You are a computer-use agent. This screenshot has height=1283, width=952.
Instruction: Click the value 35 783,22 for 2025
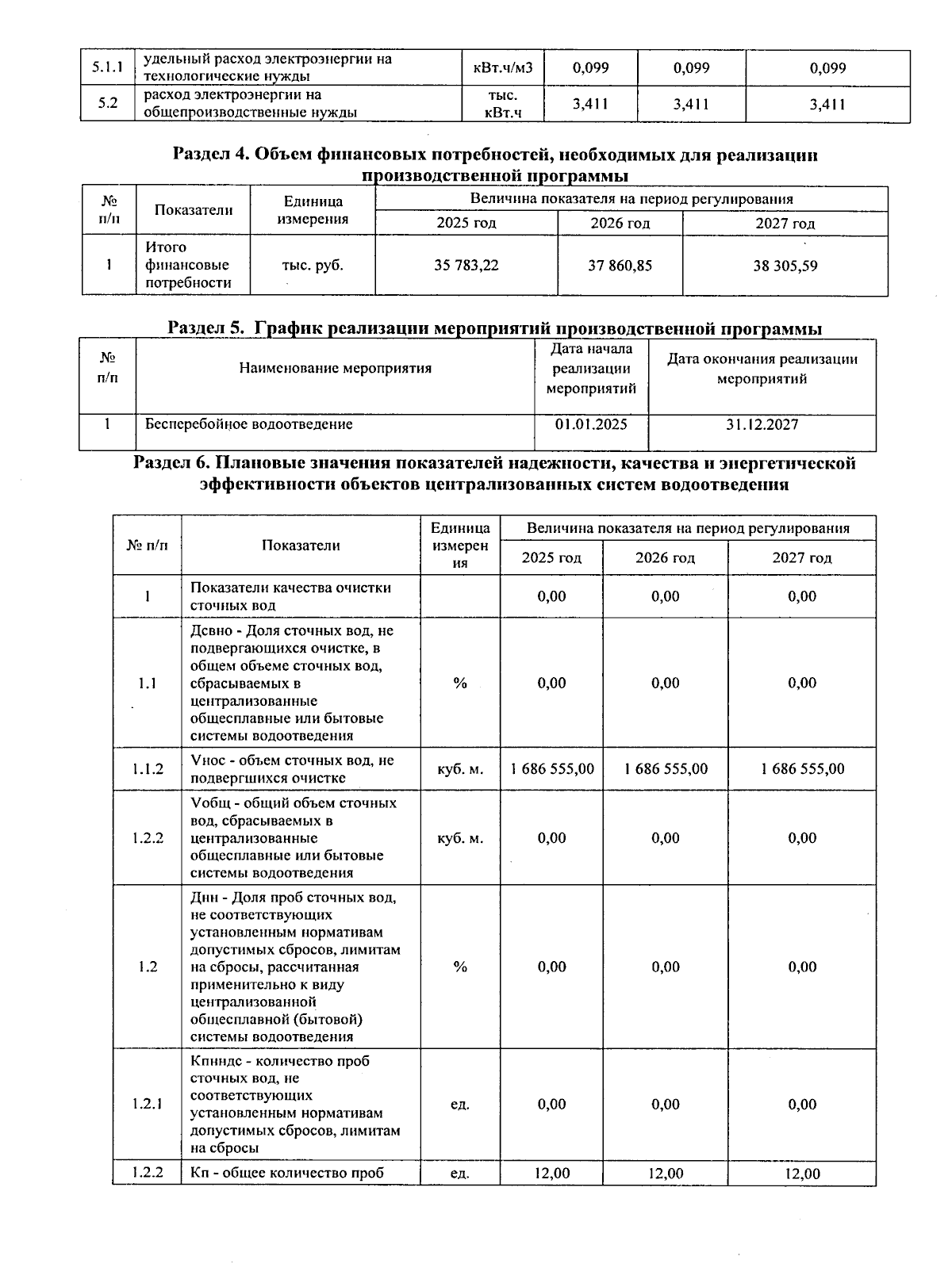click(466, 266)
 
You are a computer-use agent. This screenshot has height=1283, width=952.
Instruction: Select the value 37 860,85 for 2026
click(620, 266)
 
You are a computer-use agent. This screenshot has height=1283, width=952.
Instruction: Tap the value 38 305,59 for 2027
click(785, 266)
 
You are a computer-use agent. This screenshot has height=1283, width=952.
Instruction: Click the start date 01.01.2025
click(591, 425)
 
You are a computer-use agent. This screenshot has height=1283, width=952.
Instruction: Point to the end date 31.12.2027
click(762, 425)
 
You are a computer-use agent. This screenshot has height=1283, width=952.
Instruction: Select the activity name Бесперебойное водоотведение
click(248, 425)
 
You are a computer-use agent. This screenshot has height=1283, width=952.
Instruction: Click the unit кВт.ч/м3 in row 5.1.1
click(504, 68)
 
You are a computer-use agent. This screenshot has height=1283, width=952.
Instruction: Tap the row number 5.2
click(108, 104)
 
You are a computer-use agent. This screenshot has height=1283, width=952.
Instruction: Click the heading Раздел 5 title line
click(494, 328)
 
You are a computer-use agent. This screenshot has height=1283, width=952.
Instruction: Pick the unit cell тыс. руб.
click(313, 266)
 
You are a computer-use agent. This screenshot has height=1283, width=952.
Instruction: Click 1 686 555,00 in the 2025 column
click(551, 769)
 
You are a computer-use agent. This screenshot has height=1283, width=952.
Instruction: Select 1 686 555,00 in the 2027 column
click(802, 769)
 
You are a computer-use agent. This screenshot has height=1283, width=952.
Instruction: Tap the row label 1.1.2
click(148, 769)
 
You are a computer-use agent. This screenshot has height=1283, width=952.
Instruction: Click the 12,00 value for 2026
click(665, 1174)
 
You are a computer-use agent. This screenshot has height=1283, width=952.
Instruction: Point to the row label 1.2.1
click(148, 1105)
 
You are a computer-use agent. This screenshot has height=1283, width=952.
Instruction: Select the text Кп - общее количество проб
click(287, 1174)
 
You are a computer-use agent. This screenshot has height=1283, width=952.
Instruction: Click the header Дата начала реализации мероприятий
click(591, 369)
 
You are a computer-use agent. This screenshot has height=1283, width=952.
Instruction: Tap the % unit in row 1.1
click(460, 684)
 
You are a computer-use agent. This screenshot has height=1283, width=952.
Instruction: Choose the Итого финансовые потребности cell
click(187, 266)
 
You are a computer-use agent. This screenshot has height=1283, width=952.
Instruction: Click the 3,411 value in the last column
click(827, 104)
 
